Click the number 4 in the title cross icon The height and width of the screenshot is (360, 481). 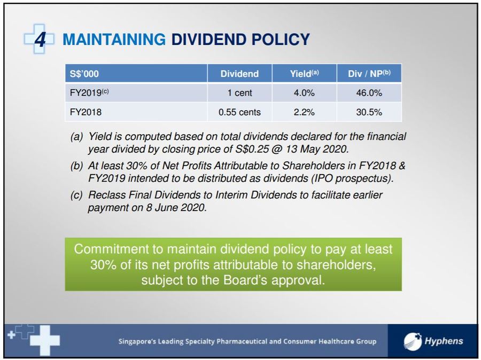pyautogui.click(x=40, y=39)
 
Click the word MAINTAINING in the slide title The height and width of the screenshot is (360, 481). pyautogui.click(x=114, y=40)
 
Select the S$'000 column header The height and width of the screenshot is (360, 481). pyautogui.click(x=84, y=74)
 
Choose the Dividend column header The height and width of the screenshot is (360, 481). pyautogui.click(x=239, y=74)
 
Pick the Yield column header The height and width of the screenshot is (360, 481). pyautogui.click(x=304, y=74)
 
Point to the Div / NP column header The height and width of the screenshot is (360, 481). pyautogui.click(x=369, y=74)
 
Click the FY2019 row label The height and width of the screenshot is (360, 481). pyautogui.click(x=89, y=92)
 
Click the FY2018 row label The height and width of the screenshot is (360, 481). pyautogui.click(x=86, y=112)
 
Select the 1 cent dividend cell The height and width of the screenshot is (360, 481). pyautogui.click(x=239, y=92)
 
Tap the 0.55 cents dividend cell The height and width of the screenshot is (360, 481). pyautogui.click(x=239, y=112)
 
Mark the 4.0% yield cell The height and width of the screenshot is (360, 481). pyautogui.click(x=304, y=92)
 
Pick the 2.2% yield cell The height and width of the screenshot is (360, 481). pyautogui.click(x=304, y=112)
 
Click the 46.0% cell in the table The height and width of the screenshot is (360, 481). pyautogui.click(x=369, y=92)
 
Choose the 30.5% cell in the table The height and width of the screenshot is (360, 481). pyautogui.click(x=369, y=112)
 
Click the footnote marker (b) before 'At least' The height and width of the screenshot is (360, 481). pyautogui.click(x=76, y=166)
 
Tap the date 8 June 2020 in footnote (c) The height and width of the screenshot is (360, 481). pyautogui.click(x=176, y=208)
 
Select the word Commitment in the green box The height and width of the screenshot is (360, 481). pyautogui.click(x=111, y=249)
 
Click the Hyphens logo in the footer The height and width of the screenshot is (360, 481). pyautogui.click(x=433, y=341)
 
